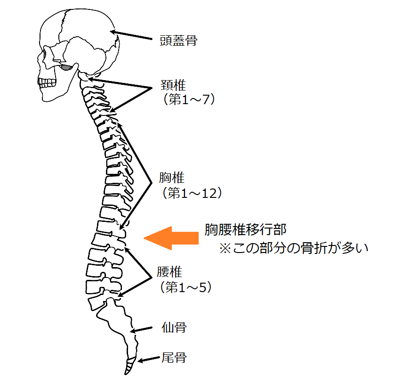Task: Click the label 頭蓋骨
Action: click(178, 41)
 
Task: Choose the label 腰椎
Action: click(169, 272)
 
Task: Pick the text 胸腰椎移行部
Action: click(245, 230)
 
